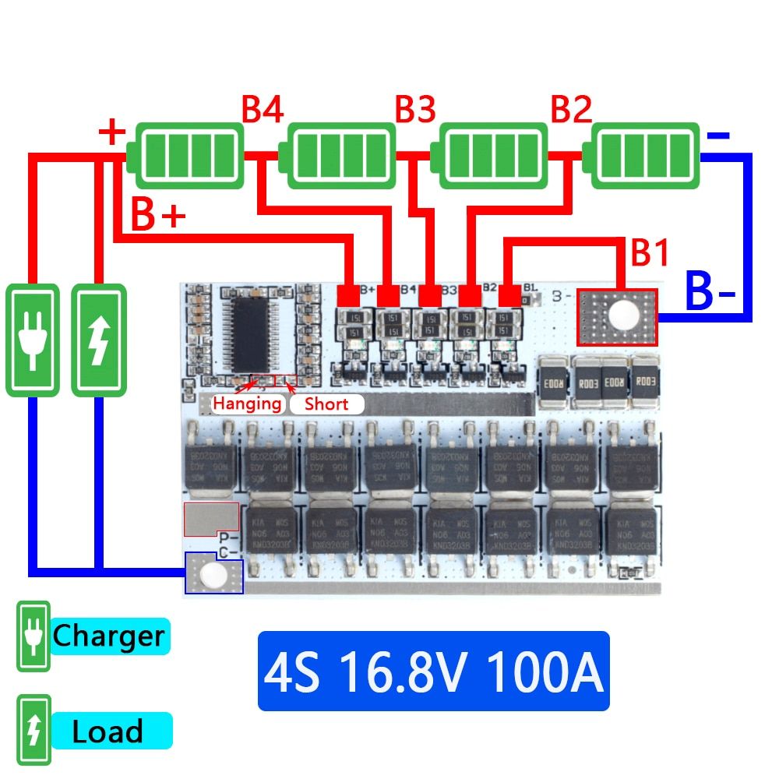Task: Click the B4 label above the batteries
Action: pos(263,111)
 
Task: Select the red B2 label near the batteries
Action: pos(571,111)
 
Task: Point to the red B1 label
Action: pos(650,253)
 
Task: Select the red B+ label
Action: pos(158,216)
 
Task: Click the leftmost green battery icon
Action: pos(185,156)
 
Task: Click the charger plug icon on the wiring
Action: pos(33,340)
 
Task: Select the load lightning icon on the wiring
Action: pos(98,340)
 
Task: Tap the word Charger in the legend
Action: pos(108,636)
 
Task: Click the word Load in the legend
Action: pos(108,732)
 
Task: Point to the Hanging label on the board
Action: pos(247,404)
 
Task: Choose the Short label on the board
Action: pos(326,404)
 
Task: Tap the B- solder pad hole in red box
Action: pos(622,315)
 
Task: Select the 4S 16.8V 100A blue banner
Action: pos(433,671)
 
